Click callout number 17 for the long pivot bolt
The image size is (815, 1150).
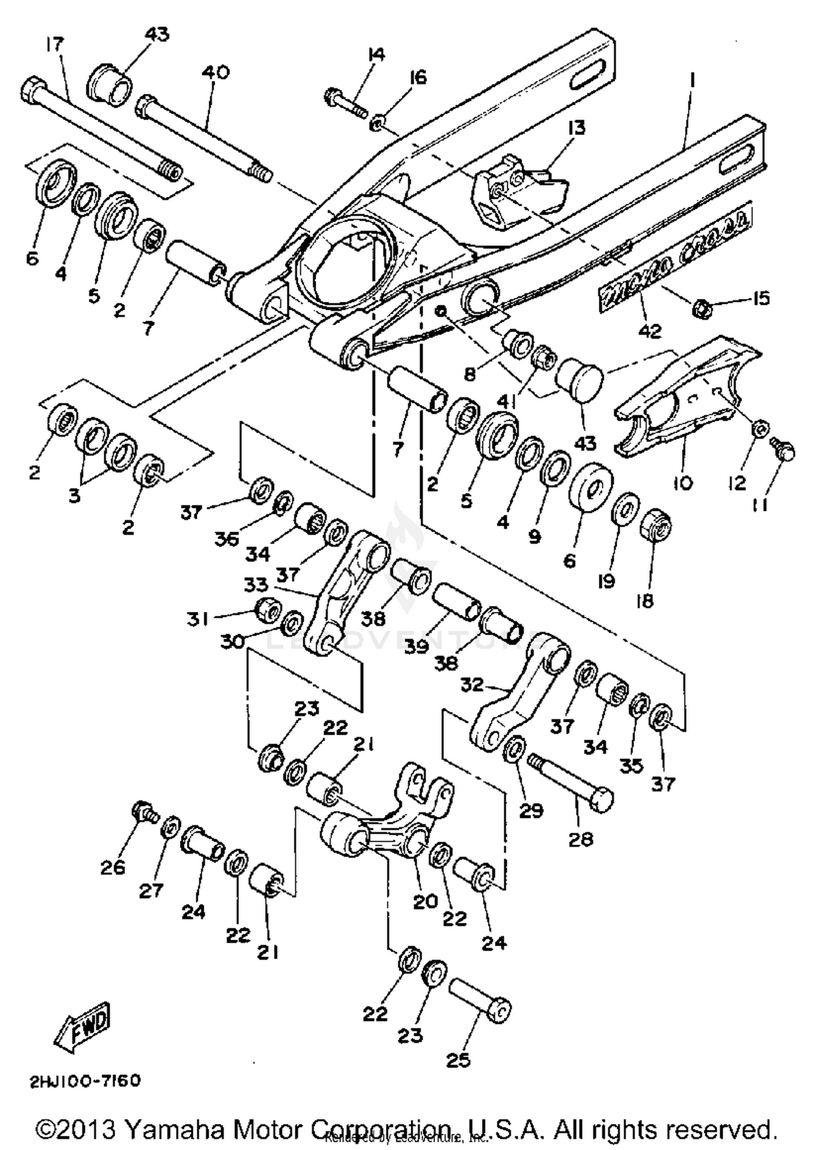click(55, 43)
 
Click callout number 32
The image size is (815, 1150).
click(471, 684)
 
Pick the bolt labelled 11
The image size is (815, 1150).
click(783, 451)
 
